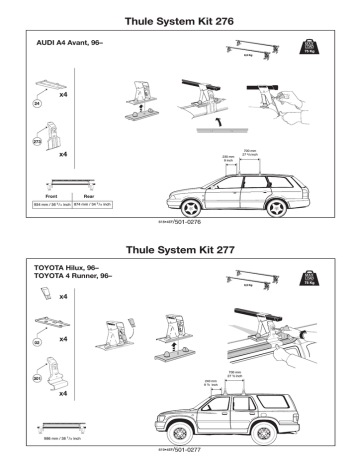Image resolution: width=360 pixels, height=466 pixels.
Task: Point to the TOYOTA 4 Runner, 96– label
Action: [x=75, y=279]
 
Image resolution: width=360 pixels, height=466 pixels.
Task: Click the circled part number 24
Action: [x=39, y=101]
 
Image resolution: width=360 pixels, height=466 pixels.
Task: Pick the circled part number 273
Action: [x=39, y=143]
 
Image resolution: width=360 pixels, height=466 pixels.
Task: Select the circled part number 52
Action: [x=39, y=341]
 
